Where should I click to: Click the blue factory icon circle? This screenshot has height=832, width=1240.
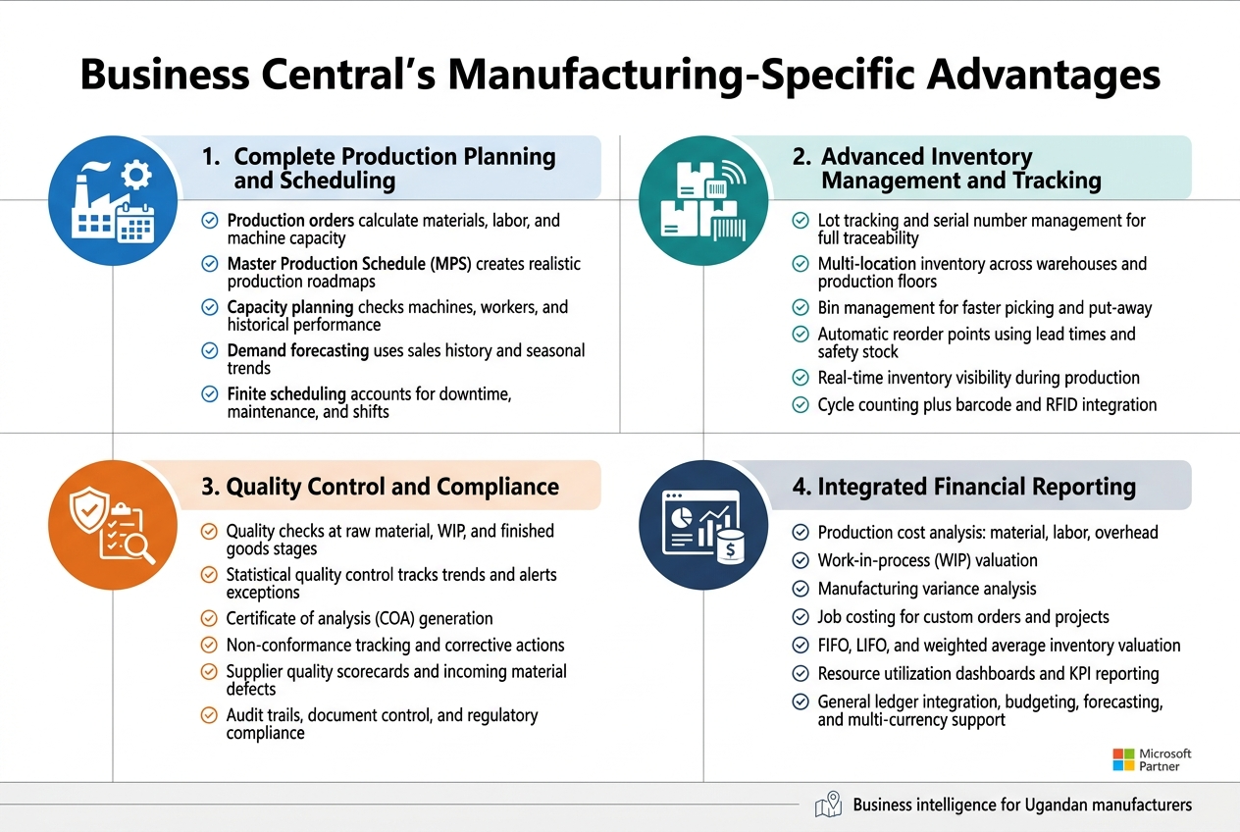[x=114, y=200]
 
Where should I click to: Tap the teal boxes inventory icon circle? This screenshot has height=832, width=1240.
[x=703, y=200]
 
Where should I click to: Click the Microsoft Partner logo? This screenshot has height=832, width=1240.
[x=1152, y=759]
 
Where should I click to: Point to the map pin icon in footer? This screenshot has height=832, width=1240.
[x=829, y=805]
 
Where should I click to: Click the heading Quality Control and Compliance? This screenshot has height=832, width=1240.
[x=392, y=487]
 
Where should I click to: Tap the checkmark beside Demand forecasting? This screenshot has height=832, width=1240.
[x=210, y=350]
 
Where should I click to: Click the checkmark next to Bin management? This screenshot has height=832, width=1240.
[x=801, y=308]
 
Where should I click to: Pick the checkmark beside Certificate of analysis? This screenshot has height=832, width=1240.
[x=209, y=618]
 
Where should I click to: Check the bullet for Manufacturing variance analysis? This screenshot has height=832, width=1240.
[x=801, y=589]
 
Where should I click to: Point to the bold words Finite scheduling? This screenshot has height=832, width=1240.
[x=286, y=393]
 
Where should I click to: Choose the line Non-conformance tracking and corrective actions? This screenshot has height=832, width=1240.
[x=395, y=645]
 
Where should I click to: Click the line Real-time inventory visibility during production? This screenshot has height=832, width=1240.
[x=978, y=378]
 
